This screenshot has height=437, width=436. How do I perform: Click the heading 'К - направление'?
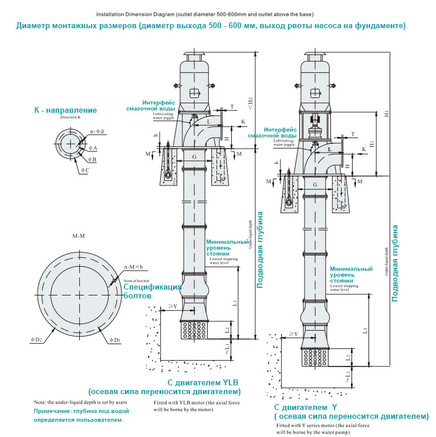point(65,110)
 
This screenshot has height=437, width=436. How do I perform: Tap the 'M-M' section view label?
point(79,236)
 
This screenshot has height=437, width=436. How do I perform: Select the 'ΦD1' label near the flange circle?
point(114,339)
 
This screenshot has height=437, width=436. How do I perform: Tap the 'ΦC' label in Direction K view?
point(85,170)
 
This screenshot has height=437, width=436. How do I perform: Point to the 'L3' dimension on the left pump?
point(234,302)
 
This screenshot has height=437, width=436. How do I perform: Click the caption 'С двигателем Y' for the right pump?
point(306,407)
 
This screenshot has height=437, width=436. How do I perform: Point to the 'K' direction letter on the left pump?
point(243,122)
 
